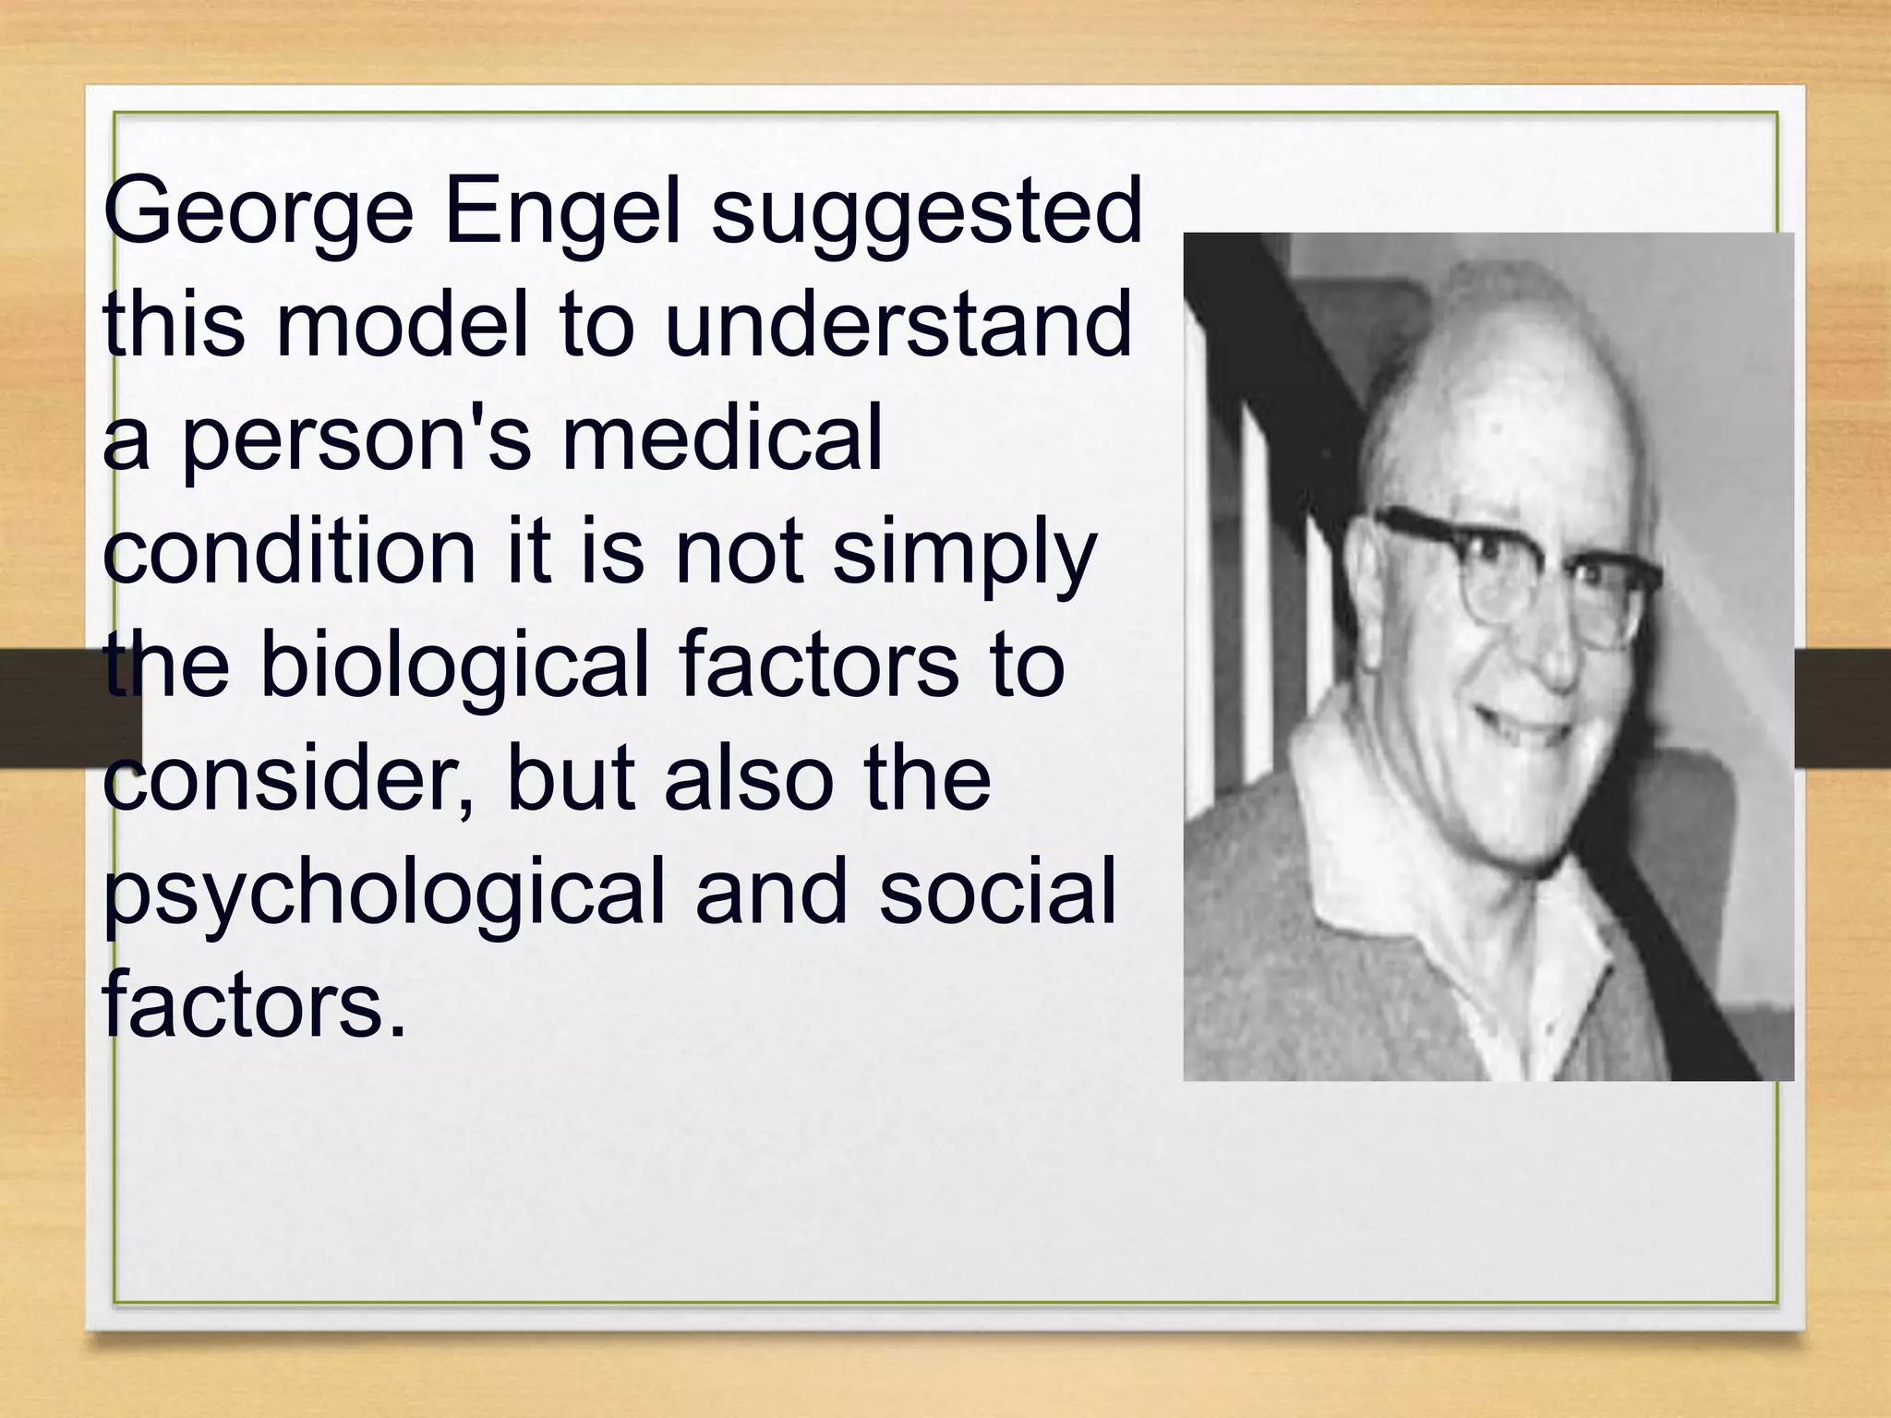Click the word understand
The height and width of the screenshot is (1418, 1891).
(x=897, y=325)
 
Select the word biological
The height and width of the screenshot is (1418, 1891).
(x=455, y=667)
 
